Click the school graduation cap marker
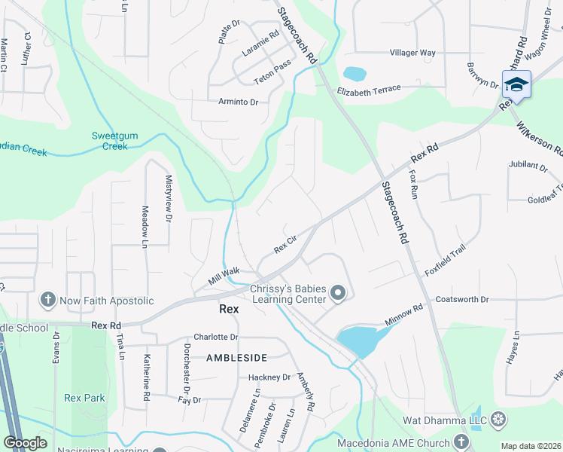pos(516,84)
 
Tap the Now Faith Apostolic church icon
pos(47,301)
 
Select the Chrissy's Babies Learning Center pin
pos(339,293)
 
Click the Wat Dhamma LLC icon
pos(498,418)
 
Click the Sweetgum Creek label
pos(110,140)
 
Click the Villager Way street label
pos(412,53)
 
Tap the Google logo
pos(25,443)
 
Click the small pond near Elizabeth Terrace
pos(354,74)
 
